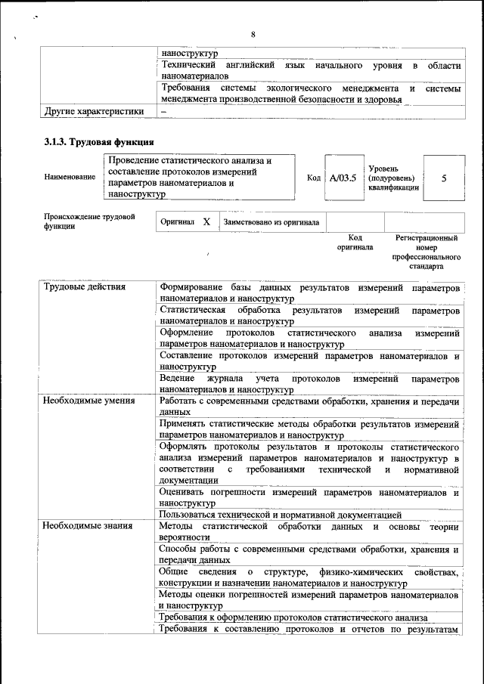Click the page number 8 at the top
(253, 34)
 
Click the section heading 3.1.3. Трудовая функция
(99, 141)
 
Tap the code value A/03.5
(343, 178)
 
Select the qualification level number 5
(444, 178)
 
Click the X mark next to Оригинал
(206, 222)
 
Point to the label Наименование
(70, 178)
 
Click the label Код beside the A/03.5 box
(313, 178)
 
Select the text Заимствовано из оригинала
(271, 222)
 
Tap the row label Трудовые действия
(84, 288)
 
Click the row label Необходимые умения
(88, 401)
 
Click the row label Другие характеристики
(93, 111)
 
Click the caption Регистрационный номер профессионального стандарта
(426, 252)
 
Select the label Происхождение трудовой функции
(89, 221)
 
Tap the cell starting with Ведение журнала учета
(310, 383)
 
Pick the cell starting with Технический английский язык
(310, 71)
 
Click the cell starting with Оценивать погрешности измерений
(310, 497)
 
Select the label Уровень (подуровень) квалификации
(393, 178)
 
